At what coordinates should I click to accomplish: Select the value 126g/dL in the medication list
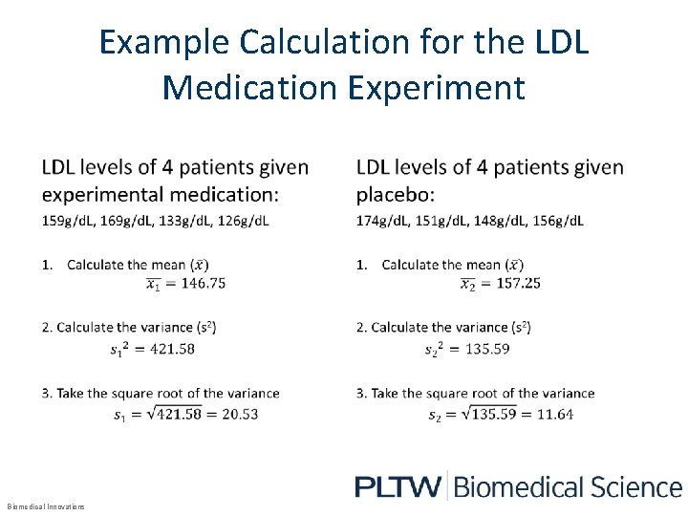coord(242,221)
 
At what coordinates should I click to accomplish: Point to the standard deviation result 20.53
coord(238,414)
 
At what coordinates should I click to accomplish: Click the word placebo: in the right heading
coord(395,194)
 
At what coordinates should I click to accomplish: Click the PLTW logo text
coord(398,486)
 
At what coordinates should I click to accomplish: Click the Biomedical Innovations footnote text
coord(46,505)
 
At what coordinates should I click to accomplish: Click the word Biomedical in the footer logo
coord(514,486)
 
